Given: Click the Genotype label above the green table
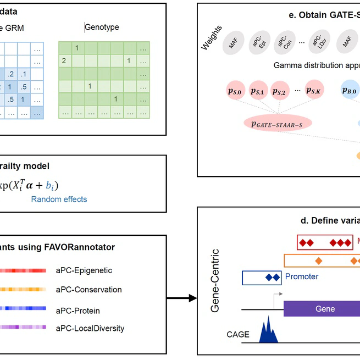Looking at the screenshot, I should point(102,27).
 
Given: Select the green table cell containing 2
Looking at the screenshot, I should point(64,60).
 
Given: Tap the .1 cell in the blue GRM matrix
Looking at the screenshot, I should point(23,74).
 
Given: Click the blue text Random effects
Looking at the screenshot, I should point(59,200).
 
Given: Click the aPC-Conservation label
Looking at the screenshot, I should point(88,290).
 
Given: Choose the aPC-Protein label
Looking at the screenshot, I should point(77,311).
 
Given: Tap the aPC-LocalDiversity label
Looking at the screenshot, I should point(90,329).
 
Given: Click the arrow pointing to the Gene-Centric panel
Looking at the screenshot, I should point(181,298).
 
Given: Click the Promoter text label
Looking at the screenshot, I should point(302,277).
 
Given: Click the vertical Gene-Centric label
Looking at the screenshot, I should point(215,281).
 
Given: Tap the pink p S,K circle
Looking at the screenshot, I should point(318,90).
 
